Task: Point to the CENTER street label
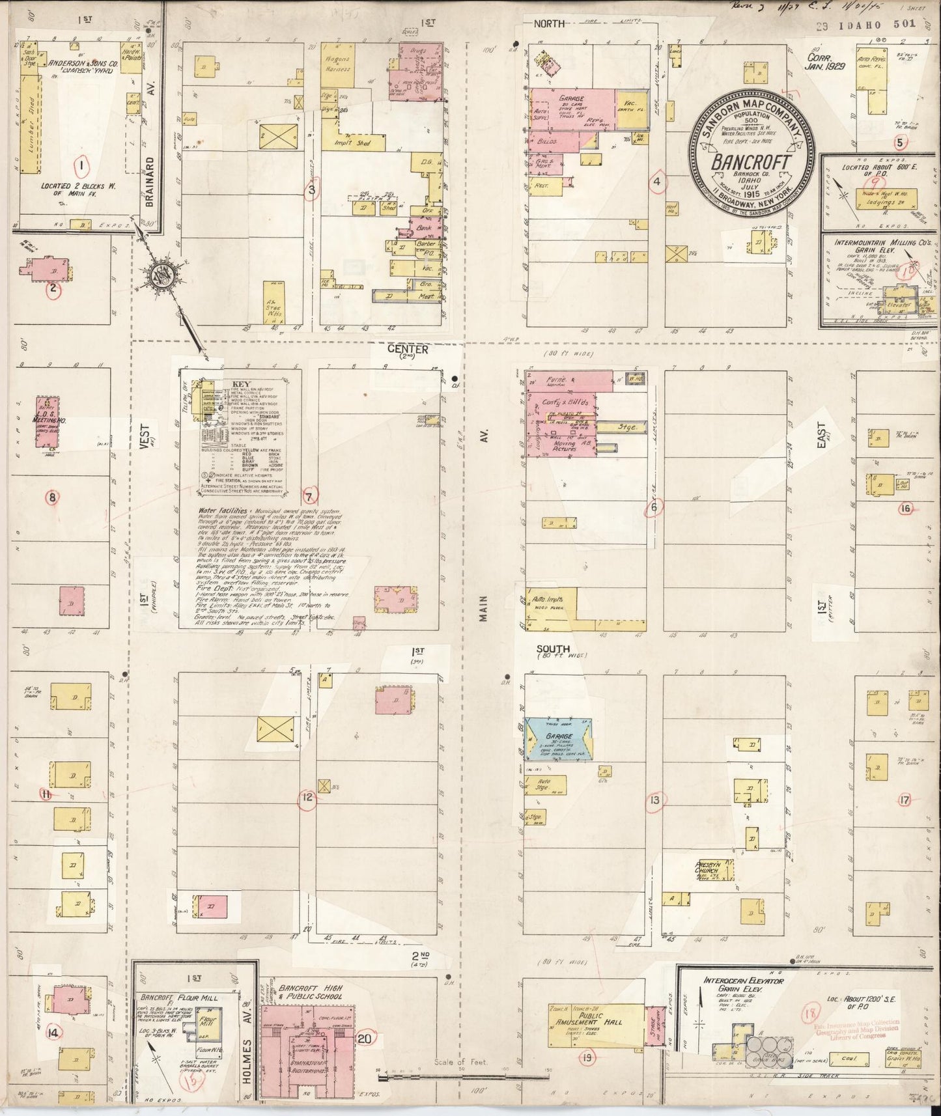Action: pyautogui.click(x=408, y=350)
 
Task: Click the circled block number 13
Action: pyautogui.click(x=654, y=800)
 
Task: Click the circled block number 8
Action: pyautogui.click(x=52, y=498)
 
